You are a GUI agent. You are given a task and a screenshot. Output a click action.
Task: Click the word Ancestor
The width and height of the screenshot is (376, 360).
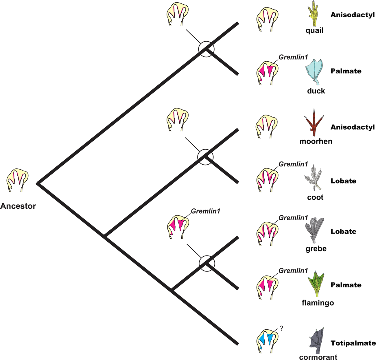(x=18, y=206)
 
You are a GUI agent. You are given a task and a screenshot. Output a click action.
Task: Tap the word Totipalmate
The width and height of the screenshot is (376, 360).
(x=353, y=343)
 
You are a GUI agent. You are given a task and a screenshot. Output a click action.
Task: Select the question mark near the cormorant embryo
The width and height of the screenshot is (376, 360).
(x=281, y=328)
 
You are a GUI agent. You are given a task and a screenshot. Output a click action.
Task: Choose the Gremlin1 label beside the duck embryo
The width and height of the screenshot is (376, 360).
(x=293, y=57)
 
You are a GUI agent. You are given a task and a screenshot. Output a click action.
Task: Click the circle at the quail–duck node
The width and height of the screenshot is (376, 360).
(x=206, y=49)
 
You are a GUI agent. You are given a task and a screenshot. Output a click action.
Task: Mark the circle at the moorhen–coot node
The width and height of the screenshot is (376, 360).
(x=205, y=157)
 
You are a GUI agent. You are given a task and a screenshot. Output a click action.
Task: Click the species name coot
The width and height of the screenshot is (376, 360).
(x=315, y=197)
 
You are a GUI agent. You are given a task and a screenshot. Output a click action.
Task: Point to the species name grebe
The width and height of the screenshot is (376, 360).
(x=316, y=249)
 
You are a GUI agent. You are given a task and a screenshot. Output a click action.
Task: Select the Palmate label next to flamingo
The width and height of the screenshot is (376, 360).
(x=346, y=285)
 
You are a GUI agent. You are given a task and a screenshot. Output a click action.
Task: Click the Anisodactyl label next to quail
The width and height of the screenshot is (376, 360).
(x=353, y=15)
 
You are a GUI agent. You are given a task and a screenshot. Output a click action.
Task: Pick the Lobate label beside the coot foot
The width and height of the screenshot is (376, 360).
(x=343, y=181)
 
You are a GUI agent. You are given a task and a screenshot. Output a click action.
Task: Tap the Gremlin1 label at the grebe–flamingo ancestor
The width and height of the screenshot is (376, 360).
(x=205, y=211)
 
